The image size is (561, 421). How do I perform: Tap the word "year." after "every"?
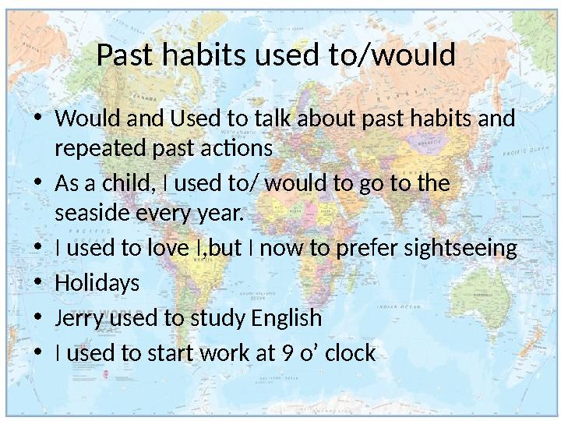pos(221,212)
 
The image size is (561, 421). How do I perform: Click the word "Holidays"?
pos(97,284)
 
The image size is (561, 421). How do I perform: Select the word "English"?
pos(286,319)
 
